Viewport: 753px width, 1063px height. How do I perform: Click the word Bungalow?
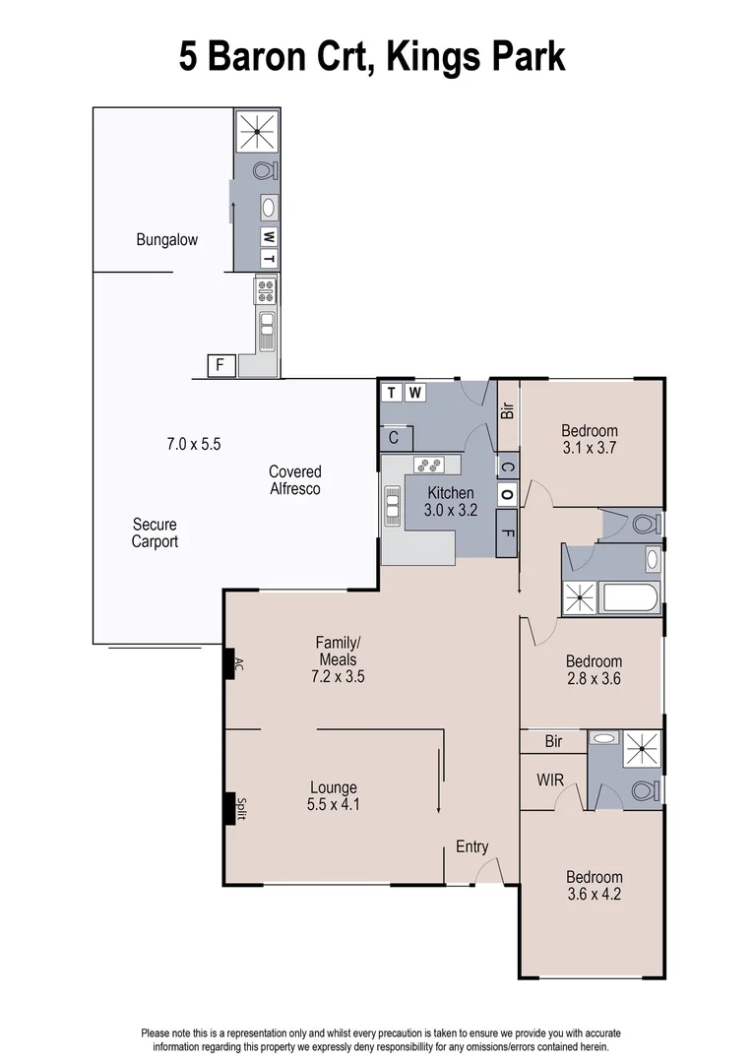point(166,239)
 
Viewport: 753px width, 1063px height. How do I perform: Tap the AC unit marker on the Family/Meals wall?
point(234,665)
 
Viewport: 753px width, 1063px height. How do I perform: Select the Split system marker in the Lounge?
point(234,808)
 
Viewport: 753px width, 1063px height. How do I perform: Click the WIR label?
point(550,780)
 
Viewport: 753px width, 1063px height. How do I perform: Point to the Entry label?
point(471,846)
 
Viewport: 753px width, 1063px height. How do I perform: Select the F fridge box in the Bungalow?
point(221,365)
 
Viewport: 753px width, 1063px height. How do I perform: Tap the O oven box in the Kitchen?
point(507,493)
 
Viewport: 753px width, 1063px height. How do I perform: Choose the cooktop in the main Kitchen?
point(429,465)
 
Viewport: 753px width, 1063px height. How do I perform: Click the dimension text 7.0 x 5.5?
point(193,444)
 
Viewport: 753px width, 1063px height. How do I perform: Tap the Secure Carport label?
point(155,532)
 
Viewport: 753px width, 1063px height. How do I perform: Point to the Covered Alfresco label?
point(294,480)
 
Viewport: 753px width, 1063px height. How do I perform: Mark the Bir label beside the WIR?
point(552,741)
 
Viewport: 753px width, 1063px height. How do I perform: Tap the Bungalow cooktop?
point(265,289)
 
